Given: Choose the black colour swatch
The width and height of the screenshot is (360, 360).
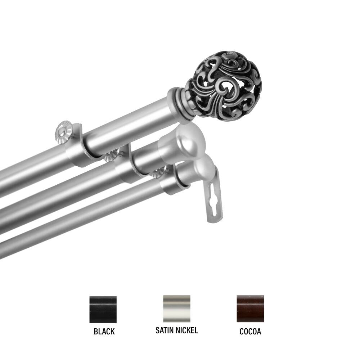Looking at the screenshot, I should tap(103, 309).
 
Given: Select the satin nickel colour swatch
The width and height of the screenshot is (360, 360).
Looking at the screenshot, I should tap(176, 309).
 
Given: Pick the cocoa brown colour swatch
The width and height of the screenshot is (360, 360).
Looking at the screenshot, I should tap(250, 309).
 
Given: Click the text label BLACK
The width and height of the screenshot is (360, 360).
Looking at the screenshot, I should tap(104, 332).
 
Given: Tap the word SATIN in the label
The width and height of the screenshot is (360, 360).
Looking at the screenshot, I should tap(165, 330).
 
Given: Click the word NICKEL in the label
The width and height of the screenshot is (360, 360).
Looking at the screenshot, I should tap(187, 330).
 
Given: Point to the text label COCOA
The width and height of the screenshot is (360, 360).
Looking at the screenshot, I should tap(250, 332).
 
